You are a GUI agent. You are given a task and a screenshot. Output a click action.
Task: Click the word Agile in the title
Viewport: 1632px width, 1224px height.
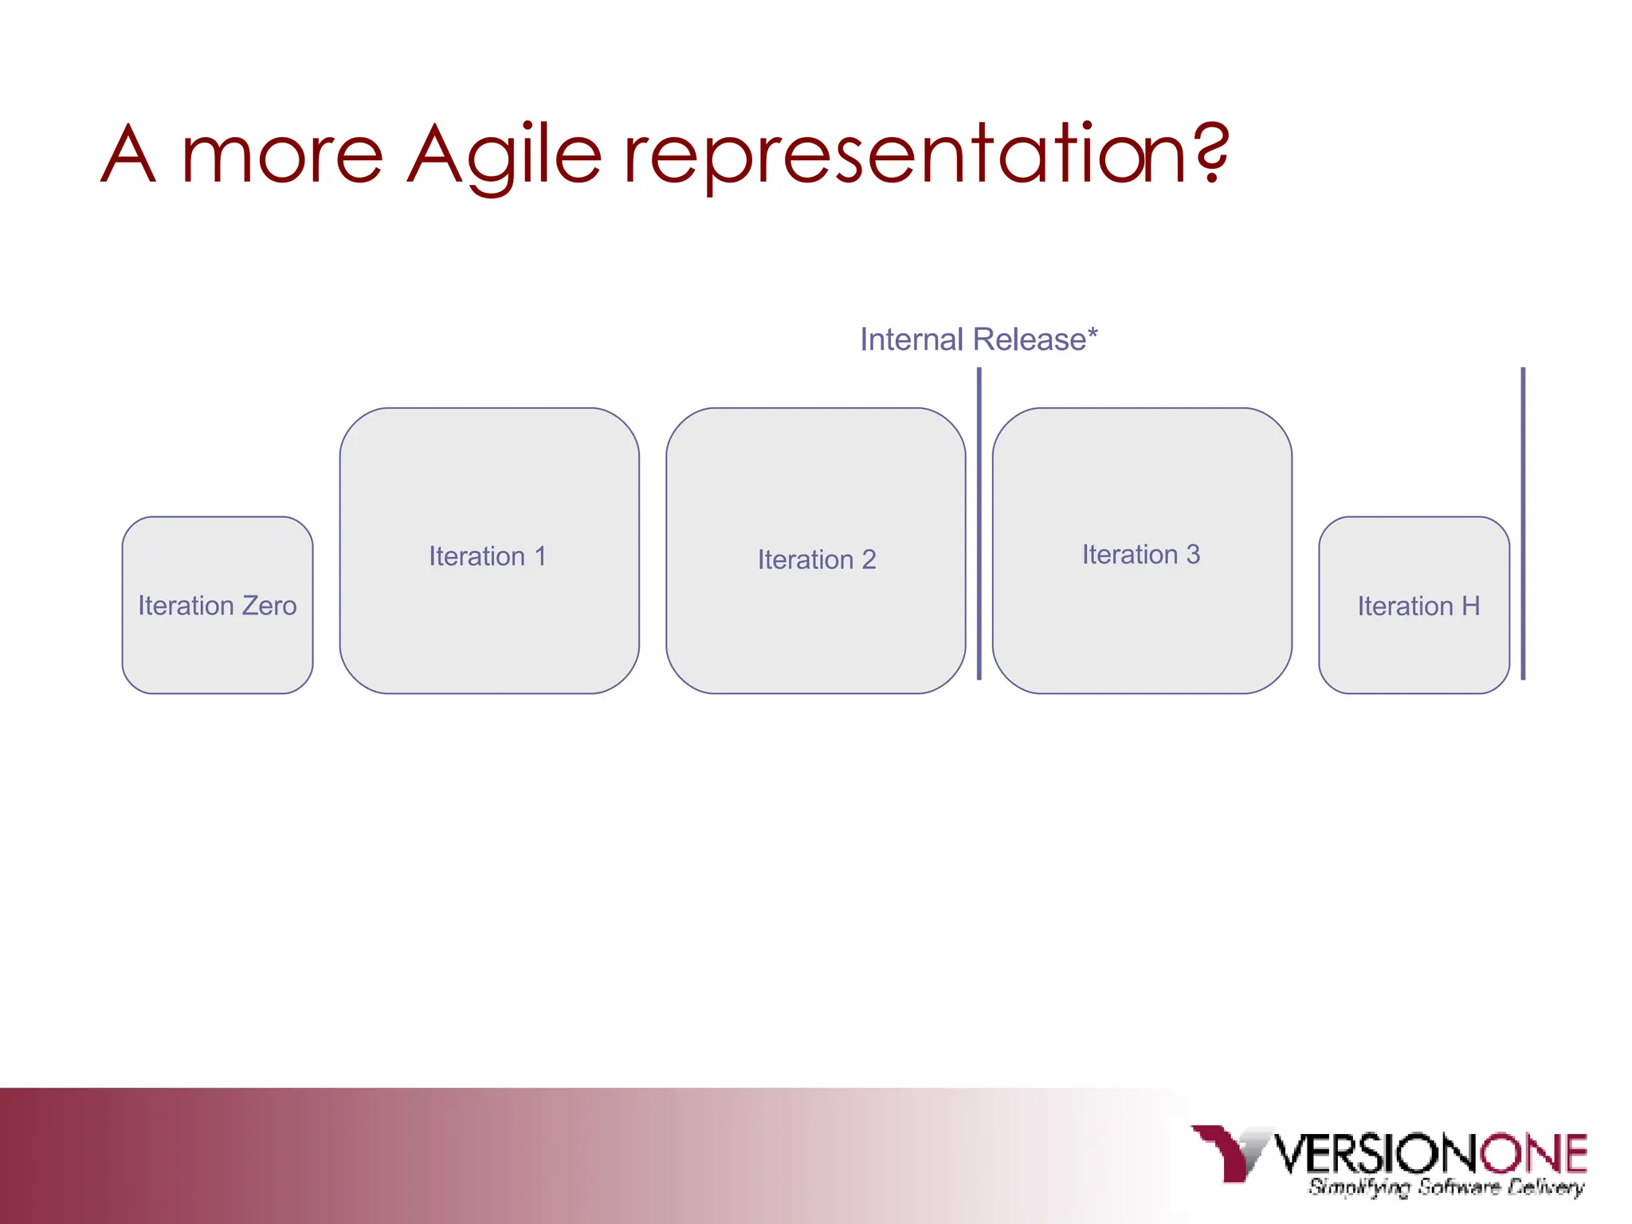click(504, 155)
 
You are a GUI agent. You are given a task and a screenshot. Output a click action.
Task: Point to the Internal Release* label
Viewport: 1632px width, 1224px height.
click(978, 339)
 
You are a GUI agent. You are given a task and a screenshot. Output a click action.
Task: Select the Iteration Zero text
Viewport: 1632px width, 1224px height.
click(217, 606)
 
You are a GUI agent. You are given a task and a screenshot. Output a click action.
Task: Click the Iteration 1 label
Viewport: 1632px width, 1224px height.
click(488, 556)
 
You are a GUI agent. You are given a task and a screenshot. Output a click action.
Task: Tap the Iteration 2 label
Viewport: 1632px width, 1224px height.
click(816, 559)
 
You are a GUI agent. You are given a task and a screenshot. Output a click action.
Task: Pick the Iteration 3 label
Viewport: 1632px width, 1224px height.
click(1140, 555)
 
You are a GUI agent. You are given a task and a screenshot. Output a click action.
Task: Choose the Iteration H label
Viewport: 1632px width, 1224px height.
click(1418, 606)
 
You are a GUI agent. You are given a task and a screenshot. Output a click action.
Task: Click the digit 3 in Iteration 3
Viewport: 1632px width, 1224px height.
click(1192, 555)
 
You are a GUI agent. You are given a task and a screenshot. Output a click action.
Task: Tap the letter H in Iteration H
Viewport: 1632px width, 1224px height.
click(1470, 606)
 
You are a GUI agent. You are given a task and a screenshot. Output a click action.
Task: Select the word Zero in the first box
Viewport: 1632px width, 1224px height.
click(269, 606)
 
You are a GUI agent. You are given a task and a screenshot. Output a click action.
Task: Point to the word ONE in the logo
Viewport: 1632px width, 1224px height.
click(1533, 1153)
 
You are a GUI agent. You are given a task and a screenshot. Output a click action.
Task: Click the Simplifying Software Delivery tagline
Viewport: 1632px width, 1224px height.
click(1446, 1187)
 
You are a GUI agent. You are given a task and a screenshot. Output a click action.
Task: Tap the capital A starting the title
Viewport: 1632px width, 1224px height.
click(129, 155)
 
